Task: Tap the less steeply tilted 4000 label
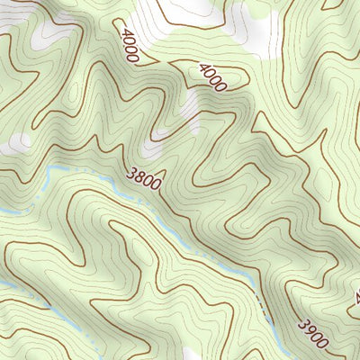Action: pyautogui.click(x=211, y=76)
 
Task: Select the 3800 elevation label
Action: pyautogui.click(x=145, y=179)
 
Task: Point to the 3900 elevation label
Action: pyautogui.click(x=314, y=332)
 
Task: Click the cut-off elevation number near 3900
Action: pyautogui.click(x=355, y=295)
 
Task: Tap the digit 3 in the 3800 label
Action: pyautogui.click(x=132, y=172)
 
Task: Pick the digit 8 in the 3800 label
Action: pyautogui.click(x=140, y=176)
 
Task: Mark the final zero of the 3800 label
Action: pyautogui.click(x=157, y=186)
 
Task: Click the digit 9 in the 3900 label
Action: pyautogui.click(x=310, y=328)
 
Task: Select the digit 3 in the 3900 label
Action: pyautogui.click(x=302, y=322)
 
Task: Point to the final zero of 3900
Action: pyautogui.click(x=326, y=342)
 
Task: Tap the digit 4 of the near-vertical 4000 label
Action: pyautogui.click(x=121, y=31)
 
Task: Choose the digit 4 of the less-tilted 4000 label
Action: pyautogui.click(x=202, y=67)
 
